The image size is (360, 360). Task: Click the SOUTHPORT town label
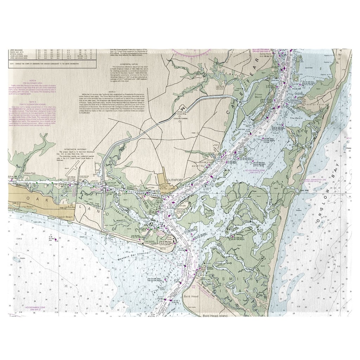(175, 180)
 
